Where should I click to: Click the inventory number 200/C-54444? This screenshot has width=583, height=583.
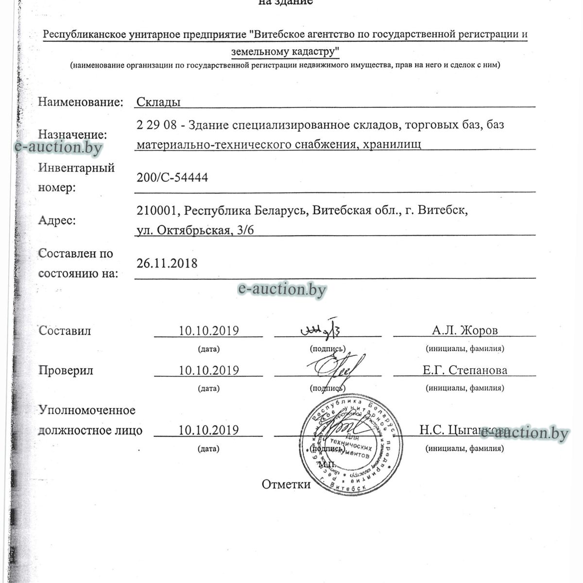point(172,178)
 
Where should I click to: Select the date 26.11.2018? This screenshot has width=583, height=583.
point(167,263)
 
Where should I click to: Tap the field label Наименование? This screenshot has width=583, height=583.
point(80,102)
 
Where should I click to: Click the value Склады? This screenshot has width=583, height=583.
point(158,102)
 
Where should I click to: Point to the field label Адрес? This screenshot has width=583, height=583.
point(57,221)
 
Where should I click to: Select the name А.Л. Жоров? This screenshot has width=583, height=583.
point(464,331)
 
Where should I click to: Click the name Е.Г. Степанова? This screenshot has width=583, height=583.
point(464,370)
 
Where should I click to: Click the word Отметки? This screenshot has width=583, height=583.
point(286,484)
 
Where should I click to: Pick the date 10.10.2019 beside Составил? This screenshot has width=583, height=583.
point(208,331)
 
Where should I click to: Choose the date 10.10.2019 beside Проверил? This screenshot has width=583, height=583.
point(208,370)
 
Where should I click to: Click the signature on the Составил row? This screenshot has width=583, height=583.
point(321,330)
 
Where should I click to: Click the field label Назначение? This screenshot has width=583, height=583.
point(72,135)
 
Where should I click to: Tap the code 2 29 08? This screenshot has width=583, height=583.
point(156,124)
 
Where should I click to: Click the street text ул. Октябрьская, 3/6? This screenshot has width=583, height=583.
point(195,230)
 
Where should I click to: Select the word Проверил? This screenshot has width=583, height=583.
point(66,370)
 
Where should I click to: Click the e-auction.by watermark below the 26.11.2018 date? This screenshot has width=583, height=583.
point(282,290)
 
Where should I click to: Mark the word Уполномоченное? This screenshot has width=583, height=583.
point(87,410)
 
